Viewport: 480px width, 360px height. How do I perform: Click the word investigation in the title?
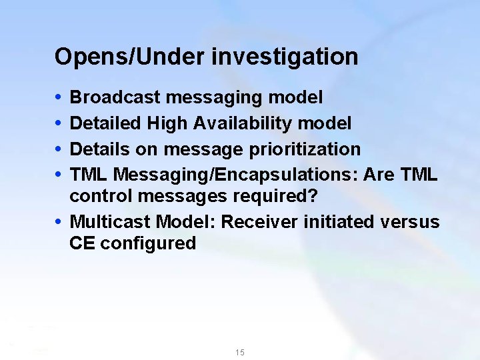pyautogui.click(x=285, y=57)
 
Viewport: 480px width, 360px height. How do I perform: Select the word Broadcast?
pyautogui.click(x=115, y=97)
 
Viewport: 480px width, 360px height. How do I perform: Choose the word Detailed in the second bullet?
pyautogui.click(x=105, y=123)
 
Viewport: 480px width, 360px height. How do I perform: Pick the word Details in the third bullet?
pyautogui.click(x=101, y=149)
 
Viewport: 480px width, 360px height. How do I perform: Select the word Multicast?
pyautogui.click(x=109, y=222)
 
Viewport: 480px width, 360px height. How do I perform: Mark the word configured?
pyautogui.click(x=148, y=244)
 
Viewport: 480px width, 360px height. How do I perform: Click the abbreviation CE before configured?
pyautogui.click(x=82, y=244)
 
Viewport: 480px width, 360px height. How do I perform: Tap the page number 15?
pyautogui.click(x=239, y=352)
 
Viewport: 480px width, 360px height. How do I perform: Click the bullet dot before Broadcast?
pyautogui.click(x=58, y=98)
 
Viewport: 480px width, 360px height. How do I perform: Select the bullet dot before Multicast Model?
pyautogui.click(x=58, y=223)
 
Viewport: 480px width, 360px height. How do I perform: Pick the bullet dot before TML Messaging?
pyautogui.click(x=58, y=175)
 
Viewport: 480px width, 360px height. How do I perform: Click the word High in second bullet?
pyautogui.click(x=167, y=123)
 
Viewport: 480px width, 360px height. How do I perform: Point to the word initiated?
pyautogui.click(x=334, y=222)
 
